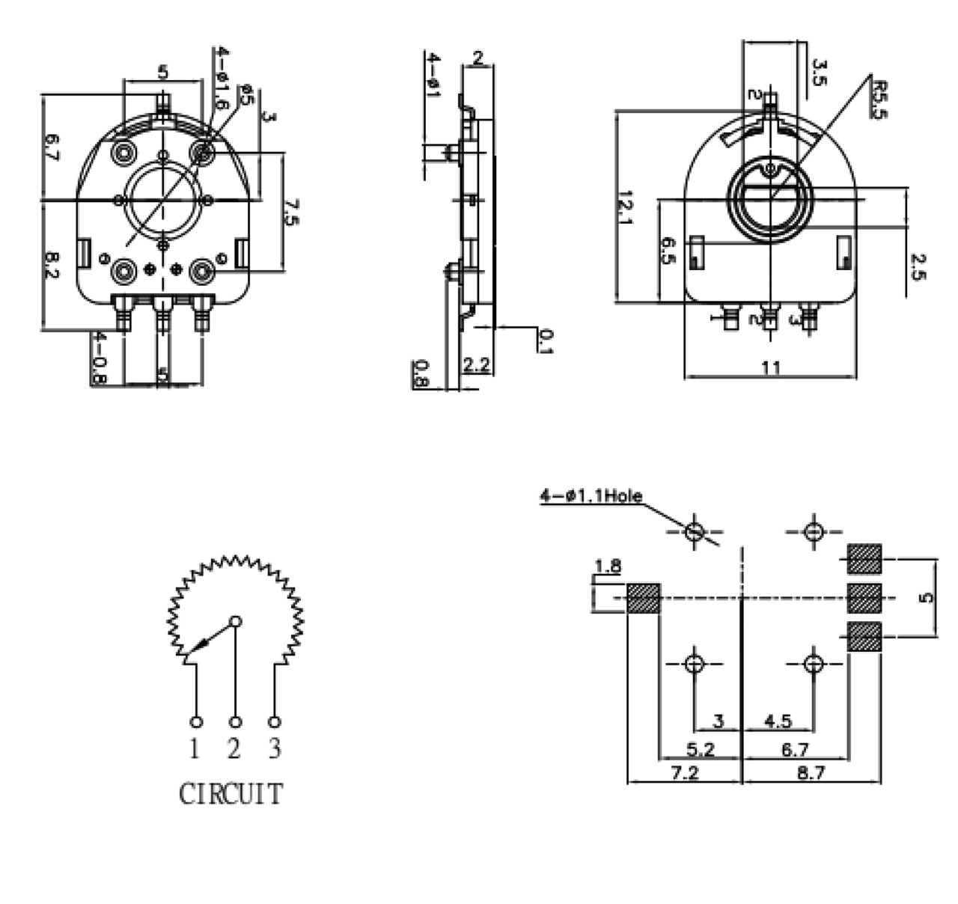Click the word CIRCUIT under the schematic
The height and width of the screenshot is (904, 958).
(231, 794)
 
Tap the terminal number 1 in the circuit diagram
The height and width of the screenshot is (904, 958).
(195, 748)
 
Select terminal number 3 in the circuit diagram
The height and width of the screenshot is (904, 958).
(275, 748)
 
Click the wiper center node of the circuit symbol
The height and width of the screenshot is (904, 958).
(235, 621)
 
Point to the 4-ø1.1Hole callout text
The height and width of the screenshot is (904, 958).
(591, 496)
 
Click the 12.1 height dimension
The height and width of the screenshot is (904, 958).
(625, 210)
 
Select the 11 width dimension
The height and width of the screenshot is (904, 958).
(771, 367)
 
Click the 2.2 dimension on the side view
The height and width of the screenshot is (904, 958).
(476, 365)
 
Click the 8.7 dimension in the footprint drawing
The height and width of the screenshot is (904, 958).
(811, 772)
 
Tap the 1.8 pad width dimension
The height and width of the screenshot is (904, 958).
(608, 566)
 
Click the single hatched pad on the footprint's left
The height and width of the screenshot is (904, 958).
(642, 598)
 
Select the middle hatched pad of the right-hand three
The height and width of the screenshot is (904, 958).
(864, 598)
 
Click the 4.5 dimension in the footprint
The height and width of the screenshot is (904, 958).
(778, 721)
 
